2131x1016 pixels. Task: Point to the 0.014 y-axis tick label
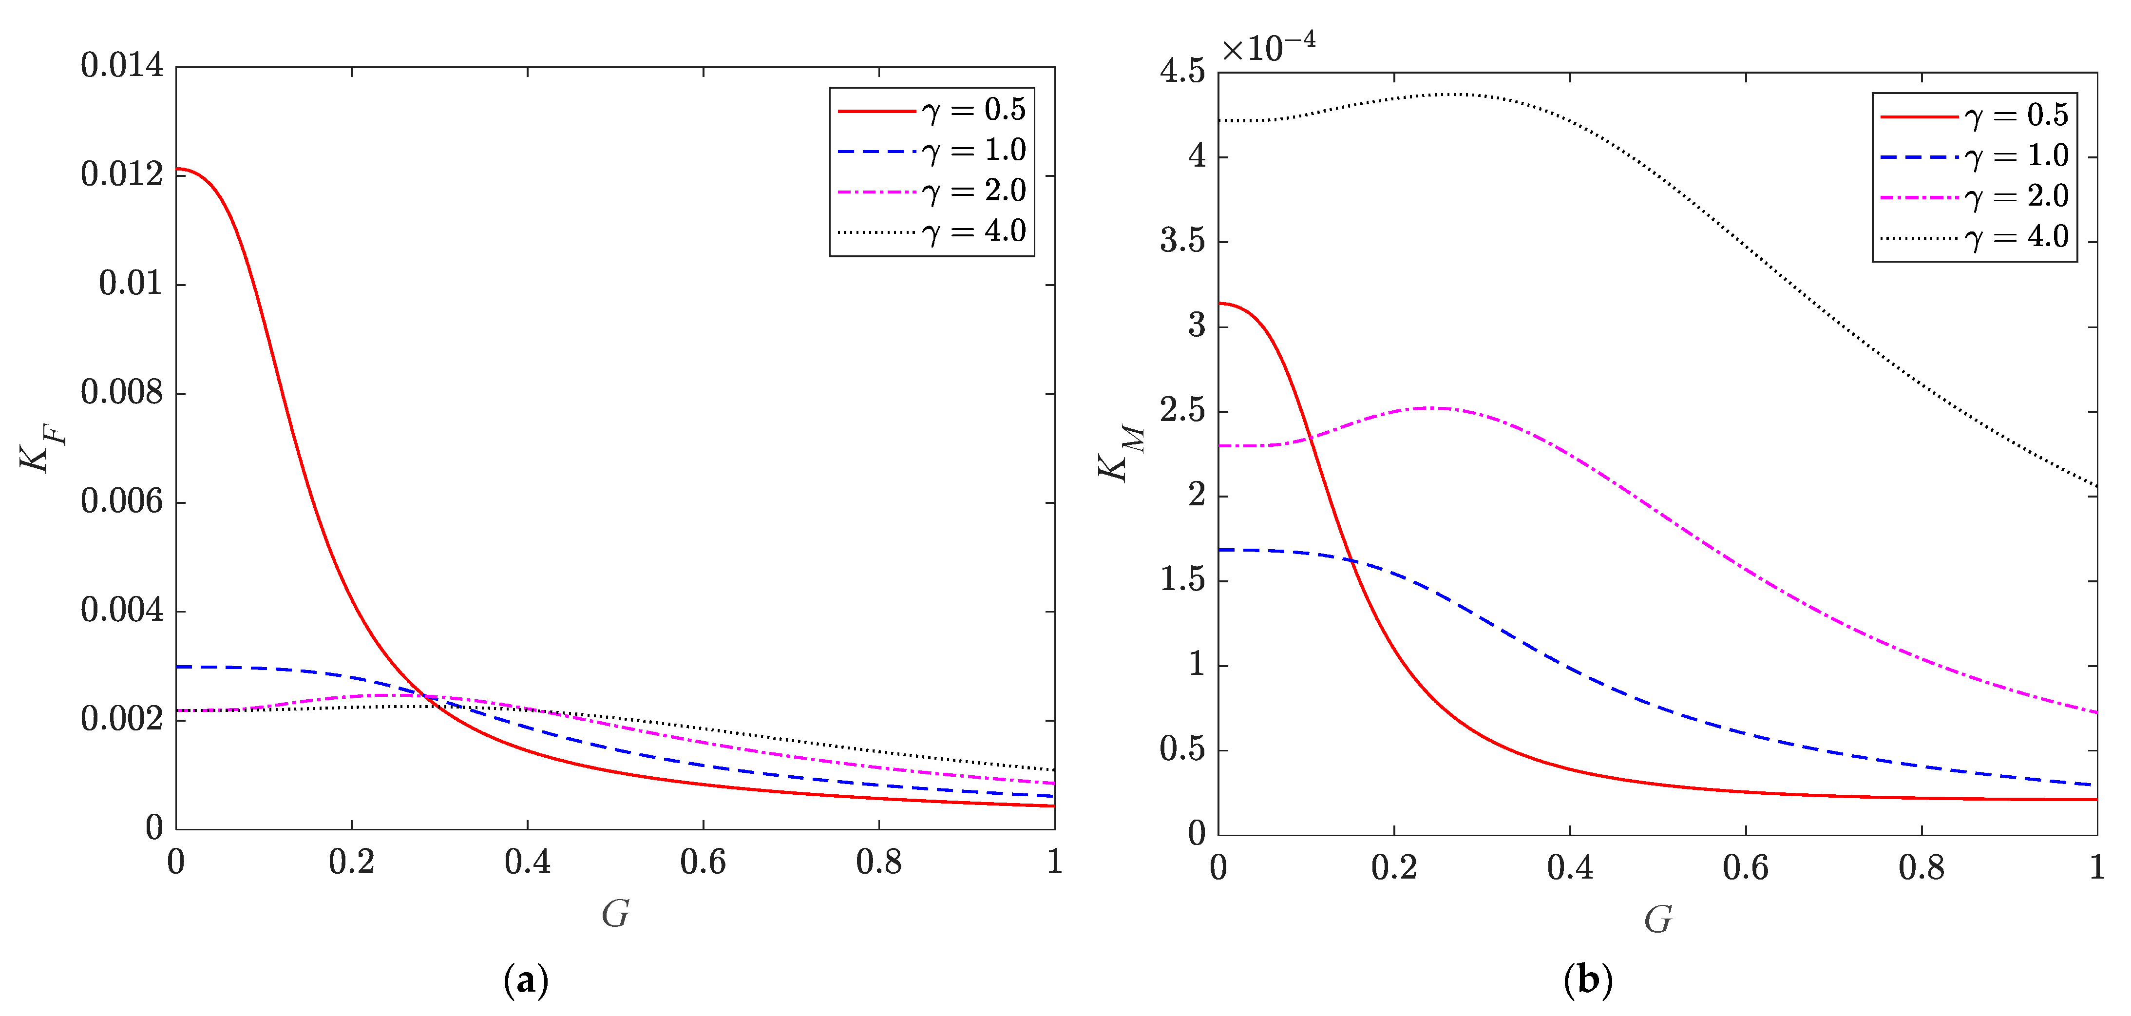[x=122, y=66]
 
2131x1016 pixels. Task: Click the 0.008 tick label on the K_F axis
[x=122, y=393]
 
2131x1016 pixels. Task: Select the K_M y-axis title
[x=1121, y=453]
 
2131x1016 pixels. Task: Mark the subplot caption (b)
[x=1587, y=981]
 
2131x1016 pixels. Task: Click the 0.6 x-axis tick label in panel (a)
[x=703, y=862]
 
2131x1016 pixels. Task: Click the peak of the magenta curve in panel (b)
[x=1438, y=408]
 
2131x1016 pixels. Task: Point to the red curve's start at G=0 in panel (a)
[x=177, y=169]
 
